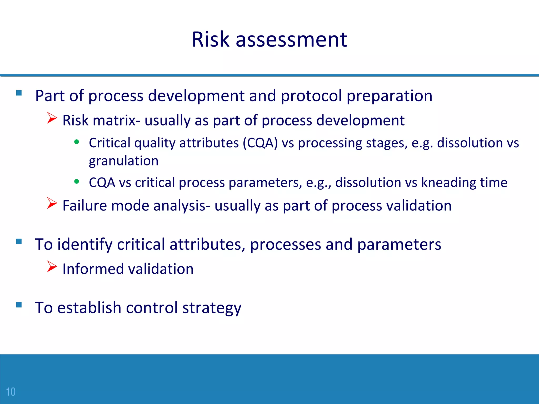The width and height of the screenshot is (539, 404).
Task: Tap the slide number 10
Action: tap(11, 392)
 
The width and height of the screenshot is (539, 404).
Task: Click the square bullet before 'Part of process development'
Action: tap(19, 93)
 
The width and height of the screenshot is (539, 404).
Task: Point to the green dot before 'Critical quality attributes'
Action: tap(77, 142)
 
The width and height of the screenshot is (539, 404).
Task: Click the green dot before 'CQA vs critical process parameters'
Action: tap(77, 181)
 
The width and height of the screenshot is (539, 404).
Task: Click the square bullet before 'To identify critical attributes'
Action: tap(19, 241)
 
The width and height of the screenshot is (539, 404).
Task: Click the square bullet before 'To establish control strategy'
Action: tap(19, 305)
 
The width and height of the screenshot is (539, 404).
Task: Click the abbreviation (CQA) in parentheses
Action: tap(260, 143)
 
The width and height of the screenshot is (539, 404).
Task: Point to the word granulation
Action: tap(123, 161)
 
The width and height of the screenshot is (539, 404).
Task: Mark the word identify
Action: tap(85, 244)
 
